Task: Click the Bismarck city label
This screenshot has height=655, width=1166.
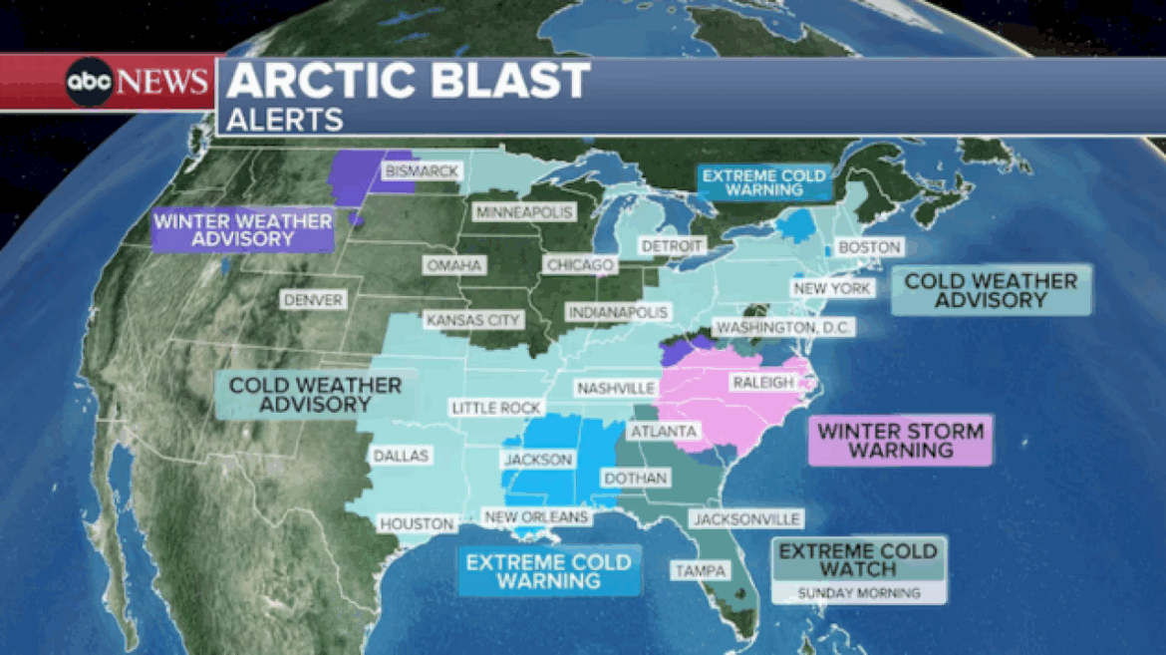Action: (x=422, y=171)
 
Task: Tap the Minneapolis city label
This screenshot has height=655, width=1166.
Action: (x=524, y=213)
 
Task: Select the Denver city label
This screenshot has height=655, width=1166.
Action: (x=312, y=300)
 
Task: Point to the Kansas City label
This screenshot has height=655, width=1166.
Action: (x=473, y=321)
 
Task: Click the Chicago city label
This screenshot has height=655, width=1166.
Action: (x=579, y=265)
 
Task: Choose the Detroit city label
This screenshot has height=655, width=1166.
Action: (x=672, y=245)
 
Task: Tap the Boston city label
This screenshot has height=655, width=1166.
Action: (x=869, y=247)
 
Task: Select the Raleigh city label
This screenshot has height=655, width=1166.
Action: (x=762, y=383)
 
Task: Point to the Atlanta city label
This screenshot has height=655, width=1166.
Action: (x=663, y=432)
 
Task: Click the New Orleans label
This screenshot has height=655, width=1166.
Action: (x=535, y=517)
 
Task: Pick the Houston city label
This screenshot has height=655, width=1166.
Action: (x=417, y=523)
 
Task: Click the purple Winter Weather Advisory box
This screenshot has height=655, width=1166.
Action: (x=242, y=230)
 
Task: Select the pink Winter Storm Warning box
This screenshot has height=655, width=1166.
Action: (x=900, y=441)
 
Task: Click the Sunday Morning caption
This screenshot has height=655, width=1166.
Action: (x=858, y=593)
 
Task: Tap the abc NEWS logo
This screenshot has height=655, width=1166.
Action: (x=138, y=82)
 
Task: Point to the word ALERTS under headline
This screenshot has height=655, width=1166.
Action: (x=285, y=120)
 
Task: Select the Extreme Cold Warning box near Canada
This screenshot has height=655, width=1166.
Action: (x=762, y=182)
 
